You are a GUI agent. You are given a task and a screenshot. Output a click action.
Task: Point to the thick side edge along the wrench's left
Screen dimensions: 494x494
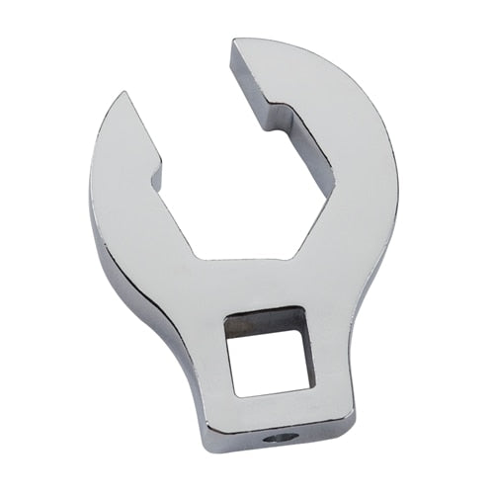point(99,237)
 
